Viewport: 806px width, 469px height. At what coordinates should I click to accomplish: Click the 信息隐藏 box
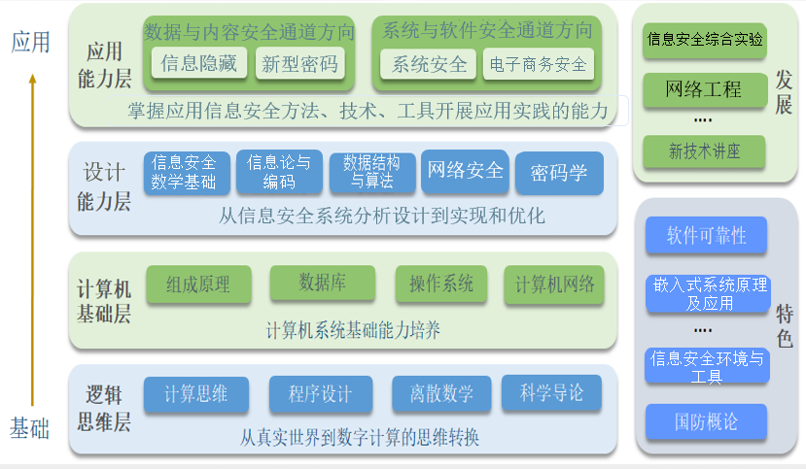(199, 63)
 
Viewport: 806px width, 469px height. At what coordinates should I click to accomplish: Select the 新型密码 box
(299, 64)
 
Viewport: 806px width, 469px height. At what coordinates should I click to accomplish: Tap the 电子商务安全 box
(539, 64)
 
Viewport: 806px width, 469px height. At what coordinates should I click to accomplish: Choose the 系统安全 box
(428, 64)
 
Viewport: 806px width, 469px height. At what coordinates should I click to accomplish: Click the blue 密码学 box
(559, 173)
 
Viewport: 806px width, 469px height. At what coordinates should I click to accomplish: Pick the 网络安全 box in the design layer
(465, 172)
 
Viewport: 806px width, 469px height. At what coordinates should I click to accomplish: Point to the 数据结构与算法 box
(372, 173)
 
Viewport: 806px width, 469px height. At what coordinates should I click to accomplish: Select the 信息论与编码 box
(279, 172)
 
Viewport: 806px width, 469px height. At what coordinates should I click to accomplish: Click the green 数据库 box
(322, 283)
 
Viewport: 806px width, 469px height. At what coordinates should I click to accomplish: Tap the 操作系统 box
(441, 284)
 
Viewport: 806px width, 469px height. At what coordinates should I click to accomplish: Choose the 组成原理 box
(198, 284)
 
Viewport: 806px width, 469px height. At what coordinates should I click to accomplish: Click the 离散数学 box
(441, 393)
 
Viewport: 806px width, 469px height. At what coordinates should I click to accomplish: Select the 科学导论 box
(551, 392)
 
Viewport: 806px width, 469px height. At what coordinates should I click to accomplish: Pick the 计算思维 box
(195, 394)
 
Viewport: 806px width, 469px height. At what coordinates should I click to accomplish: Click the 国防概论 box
(706, 421)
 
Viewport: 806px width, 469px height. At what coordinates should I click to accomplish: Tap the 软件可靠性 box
(706, 235)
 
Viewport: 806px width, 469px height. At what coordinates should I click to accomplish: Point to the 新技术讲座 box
(704, 151)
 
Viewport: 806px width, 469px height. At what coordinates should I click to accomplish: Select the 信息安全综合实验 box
(705, 40)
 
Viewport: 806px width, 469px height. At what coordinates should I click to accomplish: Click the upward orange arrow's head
(32, 79)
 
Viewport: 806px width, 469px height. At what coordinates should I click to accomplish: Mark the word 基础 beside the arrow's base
(30, 428)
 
